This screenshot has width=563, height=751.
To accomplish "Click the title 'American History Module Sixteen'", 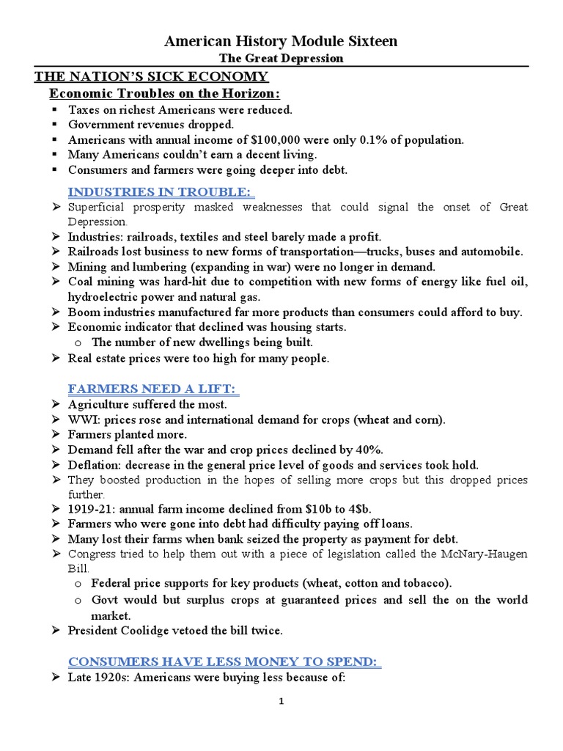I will coord(281,42).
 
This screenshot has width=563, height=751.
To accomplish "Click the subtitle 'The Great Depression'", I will coord(281,59).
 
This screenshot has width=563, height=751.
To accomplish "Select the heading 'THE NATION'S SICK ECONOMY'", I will coord(152,77).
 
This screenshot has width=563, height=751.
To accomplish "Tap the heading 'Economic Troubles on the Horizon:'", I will coord(165,94).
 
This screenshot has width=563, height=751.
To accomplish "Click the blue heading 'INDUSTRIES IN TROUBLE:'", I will coord(161,192).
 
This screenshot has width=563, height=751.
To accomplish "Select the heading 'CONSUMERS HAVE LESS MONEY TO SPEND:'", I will coord(224,662).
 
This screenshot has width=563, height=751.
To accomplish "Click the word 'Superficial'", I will coord(99,208).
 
